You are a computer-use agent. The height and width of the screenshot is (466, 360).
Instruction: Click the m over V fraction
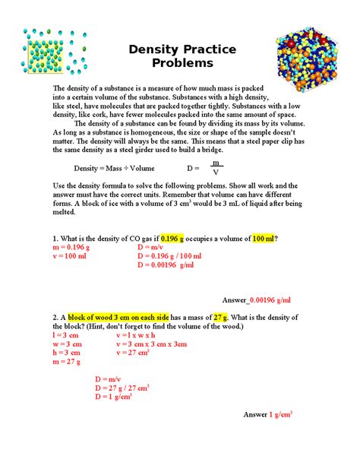216,167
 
